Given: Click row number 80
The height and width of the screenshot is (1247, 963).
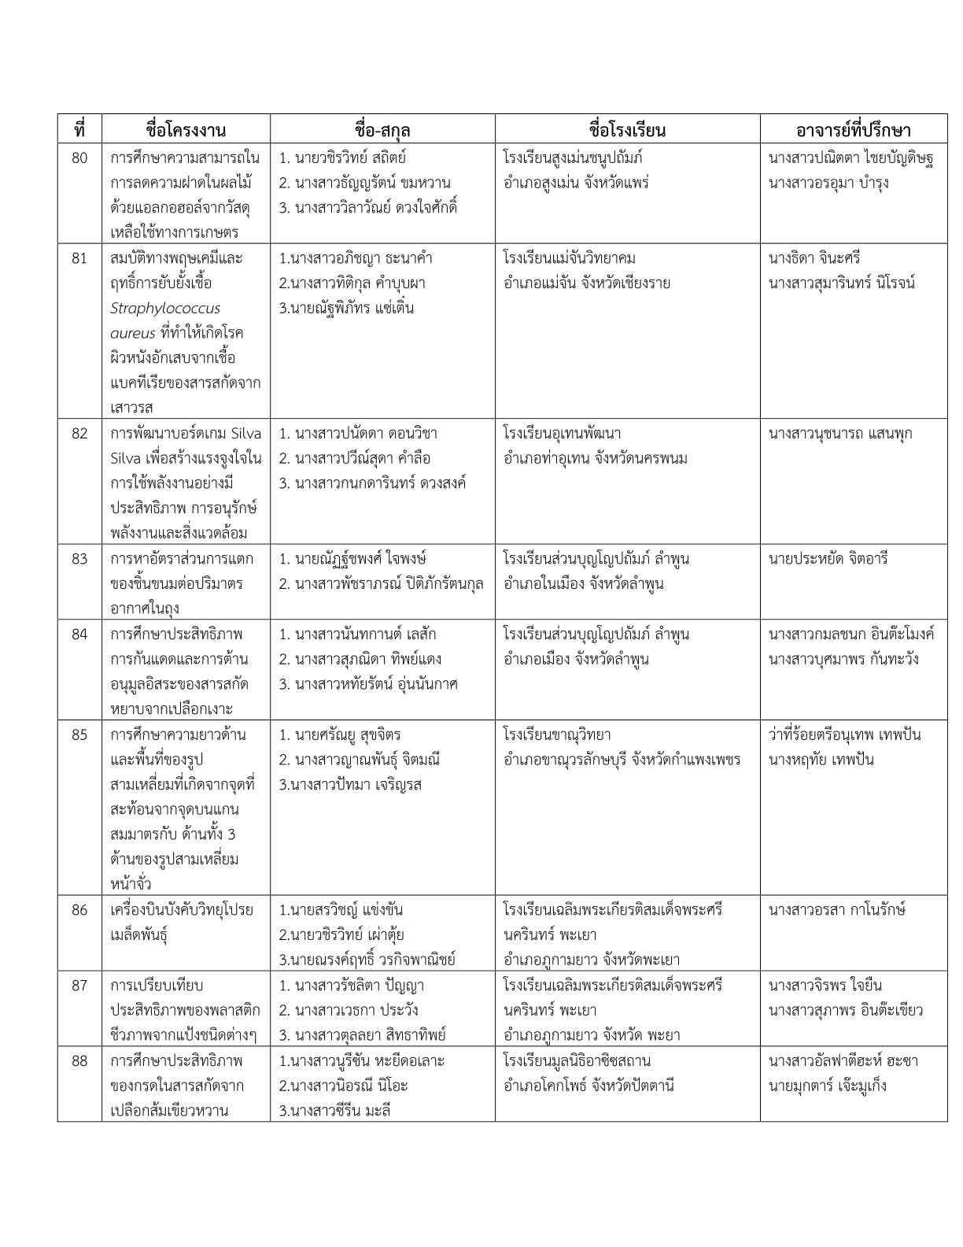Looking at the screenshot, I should tap(79, 158).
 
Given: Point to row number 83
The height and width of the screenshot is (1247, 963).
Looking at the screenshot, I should tap(79, 559).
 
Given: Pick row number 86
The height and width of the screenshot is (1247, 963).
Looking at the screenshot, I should tap(79, 910).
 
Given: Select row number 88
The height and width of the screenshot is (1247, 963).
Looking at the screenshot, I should tap(79, 1060).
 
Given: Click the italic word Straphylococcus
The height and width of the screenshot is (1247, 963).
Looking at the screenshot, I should tap(165, 308).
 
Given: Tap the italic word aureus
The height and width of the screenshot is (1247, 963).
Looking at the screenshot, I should tap(133, 333).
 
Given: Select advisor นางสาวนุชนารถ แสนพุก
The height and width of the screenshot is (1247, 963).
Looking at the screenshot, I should tap(840, 434).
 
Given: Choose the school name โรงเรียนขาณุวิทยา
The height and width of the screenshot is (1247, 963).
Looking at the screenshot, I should tap(557, 735).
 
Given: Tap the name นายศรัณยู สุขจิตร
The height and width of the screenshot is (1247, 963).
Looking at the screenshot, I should tap(340, 735).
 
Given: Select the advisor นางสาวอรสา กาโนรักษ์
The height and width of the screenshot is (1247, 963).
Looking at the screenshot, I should tap(837, 910).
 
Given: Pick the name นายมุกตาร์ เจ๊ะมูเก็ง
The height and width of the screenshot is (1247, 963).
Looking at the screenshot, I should tap(828, 1086).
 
